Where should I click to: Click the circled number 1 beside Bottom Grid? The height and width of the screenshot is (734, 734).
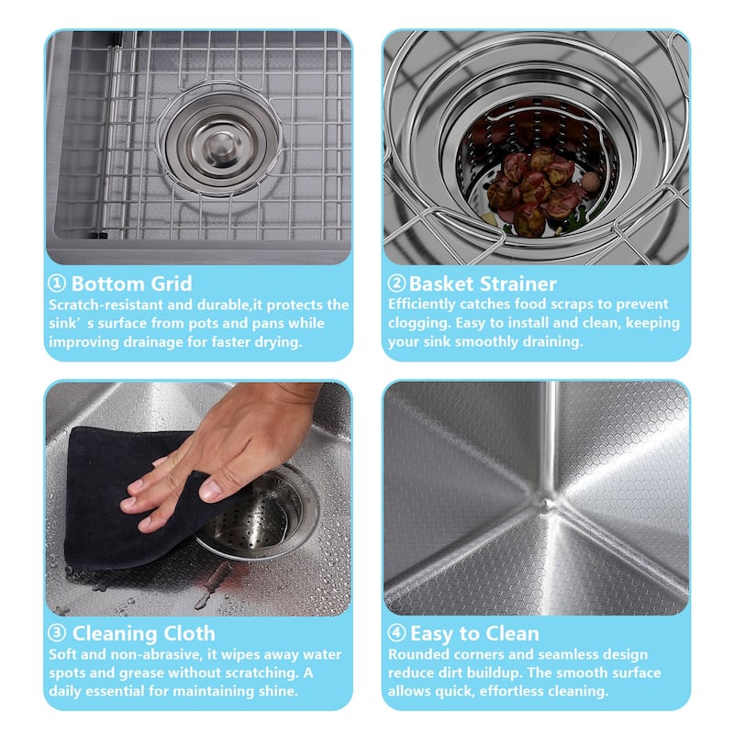[57, 284]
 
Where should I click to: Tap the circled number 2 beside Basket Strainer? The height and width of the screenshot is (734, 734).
[396, 284]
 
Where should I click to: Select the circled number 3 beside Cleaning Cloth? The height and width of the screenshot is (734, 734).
[57, 633]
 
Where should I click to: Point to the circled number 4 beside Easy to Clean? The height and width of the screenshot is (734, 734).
[396, 633]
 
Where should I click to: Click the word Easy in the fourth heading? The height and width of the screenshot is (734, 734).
[431, 634]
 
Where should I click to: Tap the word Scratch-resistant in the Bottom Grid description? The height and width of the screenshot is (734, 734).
[106, 305]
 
